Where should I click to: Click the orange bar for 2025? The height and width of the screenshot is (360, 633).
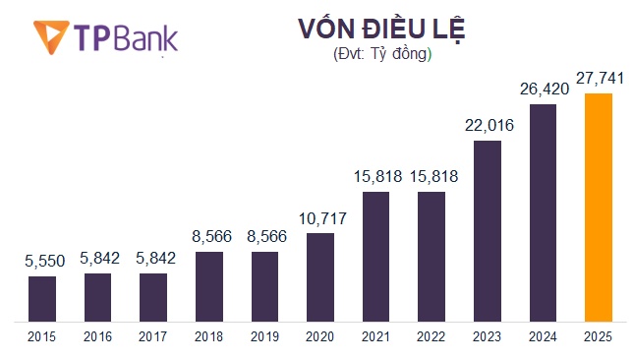point(598,207)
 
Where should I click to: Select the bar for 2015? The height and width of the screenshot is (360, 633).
point(41,298)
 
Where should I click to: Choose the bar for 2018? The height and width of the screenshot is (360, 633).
point(208,285)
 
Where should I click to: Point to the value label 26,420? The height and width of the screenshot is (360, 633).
point(543,90)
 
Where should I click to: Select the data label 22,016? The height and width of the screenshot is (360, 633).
point(487,126)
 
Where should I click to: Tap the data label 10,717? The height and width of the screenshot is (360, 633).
point(319,218)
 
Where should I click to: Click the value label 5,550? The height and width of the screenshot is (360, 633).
point(41,262)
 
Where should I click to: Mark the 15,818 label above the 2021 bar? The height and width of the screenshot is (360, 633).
point(375,177)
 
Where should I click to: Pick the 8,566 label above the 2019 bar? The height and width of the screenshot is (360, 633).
point(264,237)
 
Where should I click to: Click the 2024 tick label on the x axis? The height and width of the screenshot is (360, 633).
point(543,336)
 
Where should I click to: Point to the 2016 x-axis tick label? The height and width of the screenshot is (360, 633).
point(97,336)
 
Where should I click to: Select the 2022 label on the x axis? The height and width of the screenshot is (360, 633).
point(432,336)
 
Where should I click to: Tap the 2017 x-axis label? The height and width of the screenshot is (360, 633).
point(152,336)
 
